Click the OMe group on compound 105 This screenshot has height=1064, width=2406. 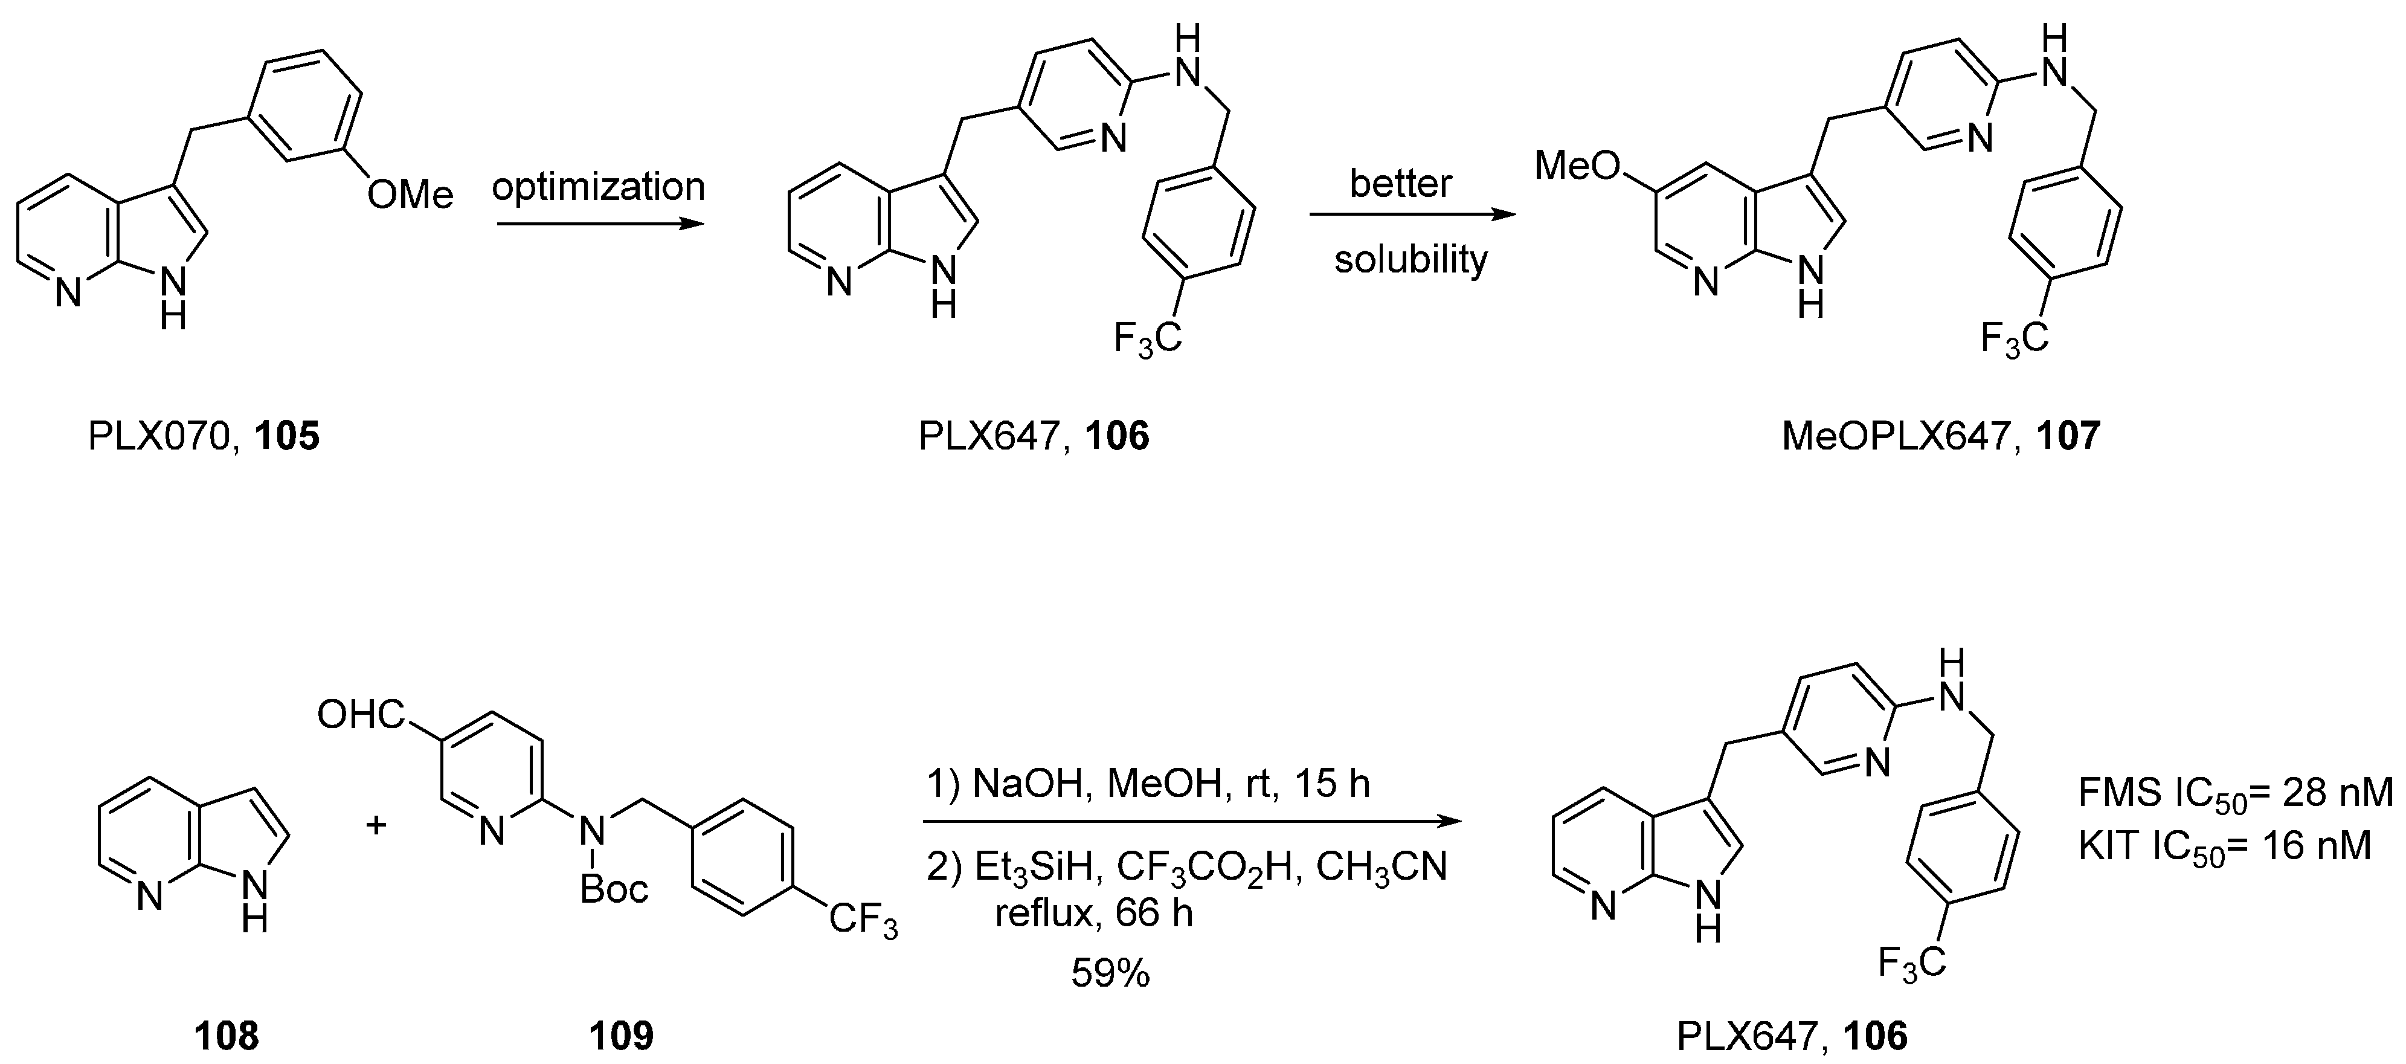(x=410, y=195)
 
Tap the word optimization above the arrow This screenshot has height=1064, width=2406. (x=598, y=187)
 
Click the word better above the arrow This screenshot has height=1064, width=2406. (x=1400, y=183)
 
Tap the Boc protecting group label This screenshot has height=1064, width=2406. (x=614, y=888)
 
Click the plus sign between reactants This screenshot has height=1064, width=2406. (x=376, y=825)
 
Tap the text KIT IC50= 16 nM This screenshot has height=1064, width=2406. (x=2224, y=846)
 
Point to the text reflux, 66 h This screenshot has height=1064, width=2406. (x=1094, y=912)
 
